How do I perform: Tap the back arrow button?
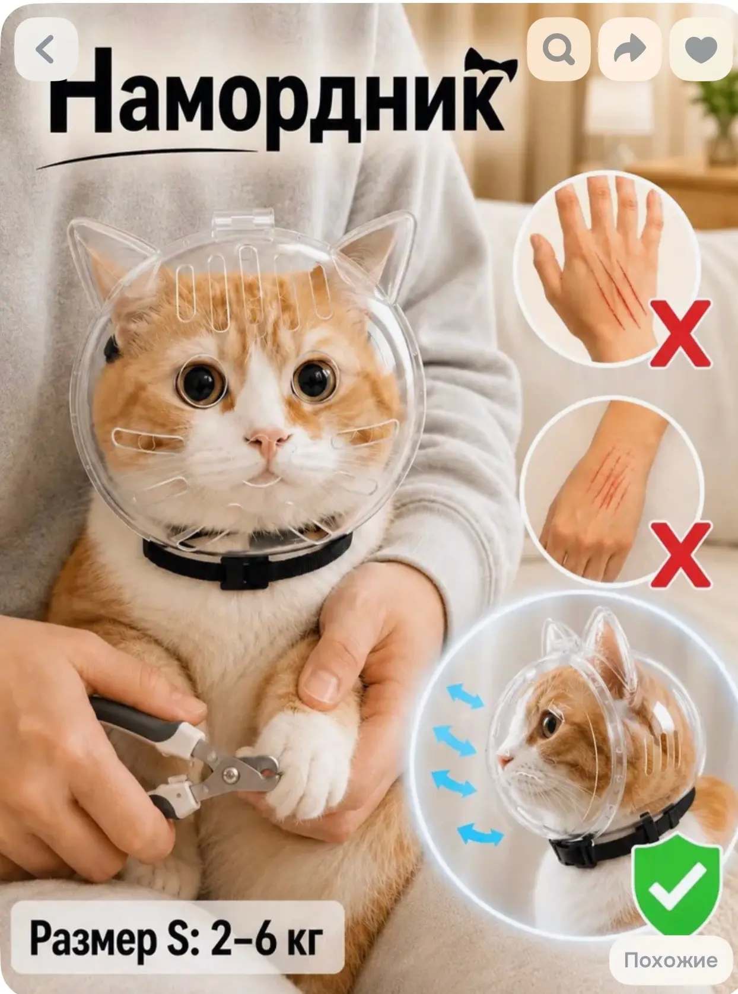tap(46, 49)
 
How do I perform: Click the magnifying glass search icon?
tap(558, 49)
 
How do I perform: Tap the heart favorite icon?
tap(701, 49)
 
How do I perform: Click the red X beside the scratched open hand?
tap(680, 334)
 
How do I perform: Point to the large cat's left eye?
tap(201, 382)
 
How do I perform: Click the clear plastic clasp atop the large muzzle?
tap(243, 223)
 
